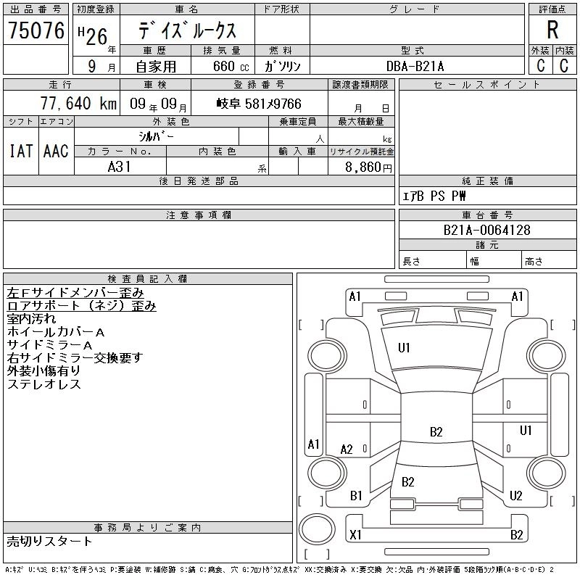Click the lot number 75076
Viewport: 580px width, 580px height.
click(36, 30)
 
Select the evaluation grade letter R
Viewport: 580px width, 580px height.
click(552, 30)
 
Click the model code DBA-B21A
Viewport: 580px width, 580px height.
click(416, 66)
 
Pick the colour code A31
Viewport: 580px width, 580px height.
click(120, 166)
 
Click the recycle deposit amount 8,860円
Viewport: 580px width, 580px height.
click(368, 167)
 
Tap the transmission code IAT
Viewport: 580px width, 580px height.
click(20, 151)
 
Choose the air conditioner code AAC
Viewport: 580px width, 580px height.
click(56, 151)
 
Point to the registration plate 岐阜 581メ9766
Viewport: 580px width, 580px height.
click(259, 104)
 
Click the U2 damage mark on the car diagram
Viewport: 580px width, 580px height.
click(516, 496)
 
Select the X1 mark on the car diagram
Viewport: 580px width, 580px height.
click(355, 535)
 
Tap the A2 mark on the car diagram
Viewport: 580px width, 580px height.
click(347, 449)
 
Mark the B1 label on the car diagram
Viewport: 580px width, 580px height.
click(356, 496)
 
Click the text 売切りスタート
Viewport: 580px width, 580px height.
click(49, 541)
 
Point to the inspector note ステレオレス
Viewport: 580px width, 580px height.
click(43, 384)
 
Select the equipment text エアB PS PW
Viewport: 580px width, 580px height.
click(434, 196)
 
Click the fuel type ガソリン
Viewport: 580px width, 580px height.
click(283, 66)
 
